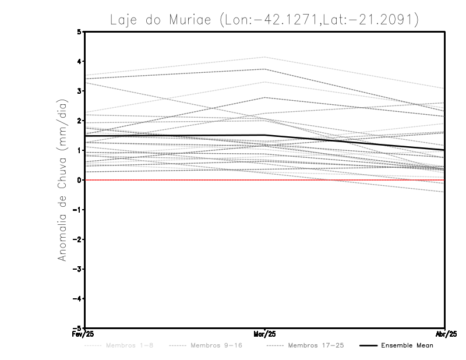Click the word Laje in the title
point(124,20)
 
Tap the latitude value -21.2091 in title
point(383,20)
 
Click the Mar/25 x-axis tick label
point(265,334)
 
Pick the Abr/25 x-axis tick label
point(446,334)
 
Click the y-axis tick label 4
point(79,62)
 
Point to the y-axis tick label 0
point(79,180)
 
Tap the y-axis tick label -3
point(77,269)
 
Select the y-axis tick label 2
point(79,121)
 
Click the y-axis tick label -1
point(77,210)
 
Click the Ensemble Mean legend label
point(407,345)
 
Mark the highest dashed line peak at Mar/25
point(265,57)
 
